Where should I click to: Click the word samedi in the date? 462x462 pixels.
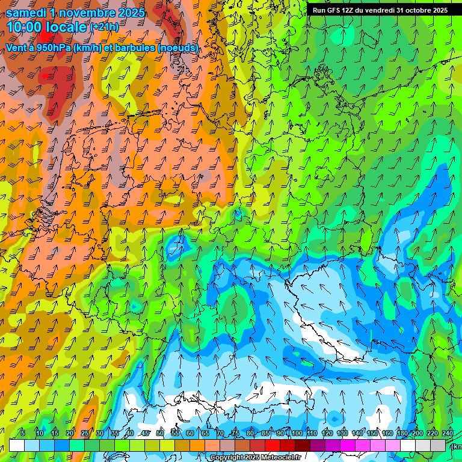tap(26, 13)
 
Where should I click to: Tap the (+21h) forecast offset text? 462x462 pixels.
tap(104, 27)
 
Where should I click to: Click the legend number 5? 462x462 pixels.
tap(23, 433)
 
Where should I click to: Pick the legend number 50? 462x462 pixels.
tap(160, 433)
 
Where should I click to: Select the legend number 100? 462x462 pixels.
tap(297, 433)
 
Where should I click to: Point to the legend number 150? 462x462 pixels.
tap(372, 433)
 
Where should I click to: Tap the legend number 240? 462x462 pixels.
tap(448, 433)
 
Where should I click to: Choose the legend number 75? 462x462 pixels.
tap(235, 433)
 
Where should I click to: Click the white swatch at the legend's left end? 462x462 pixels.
tap(16, 445)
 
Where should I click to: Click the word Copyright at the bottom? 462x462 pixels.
tap(226, 458)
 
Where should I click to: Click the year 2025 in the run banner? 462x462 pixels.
tap(440, 10)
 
